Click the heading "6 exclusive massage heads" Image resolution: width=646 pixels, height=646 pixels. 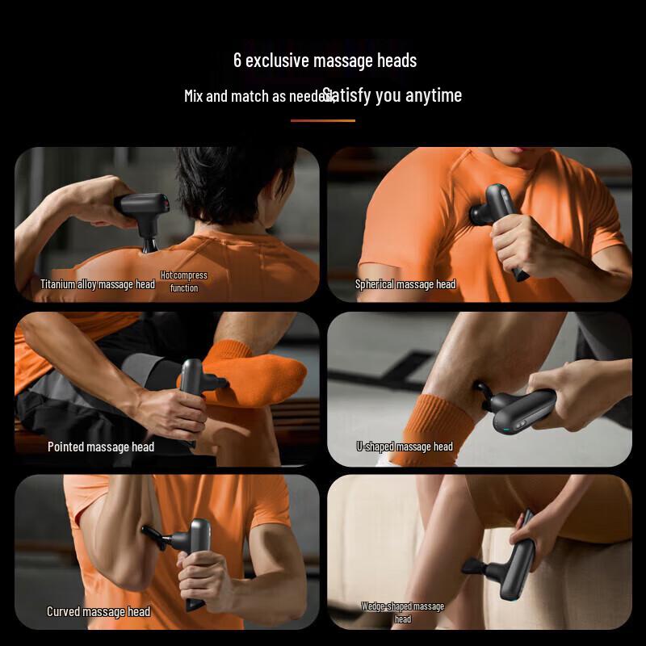(325, 61)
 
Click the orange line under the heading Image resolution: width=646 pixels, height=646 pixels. (323, 120)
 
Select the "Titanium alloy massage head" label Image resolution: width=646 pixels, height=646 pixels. (98, 284)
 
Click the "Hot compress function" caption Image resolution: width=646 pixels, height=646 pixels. (184, 281)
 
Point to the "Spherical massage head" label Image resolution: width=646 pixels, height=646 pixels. (405, 284)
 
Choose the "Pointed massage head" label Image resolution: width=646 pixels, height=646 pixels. (101, 447)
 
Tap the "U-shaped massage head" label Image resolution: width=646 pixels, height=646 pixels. (405, 447)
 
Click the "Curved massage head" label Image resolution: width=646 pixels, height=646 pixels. (99, 611)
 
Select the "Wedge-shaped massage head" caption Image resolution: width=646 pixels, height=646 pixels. (403, 612)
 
